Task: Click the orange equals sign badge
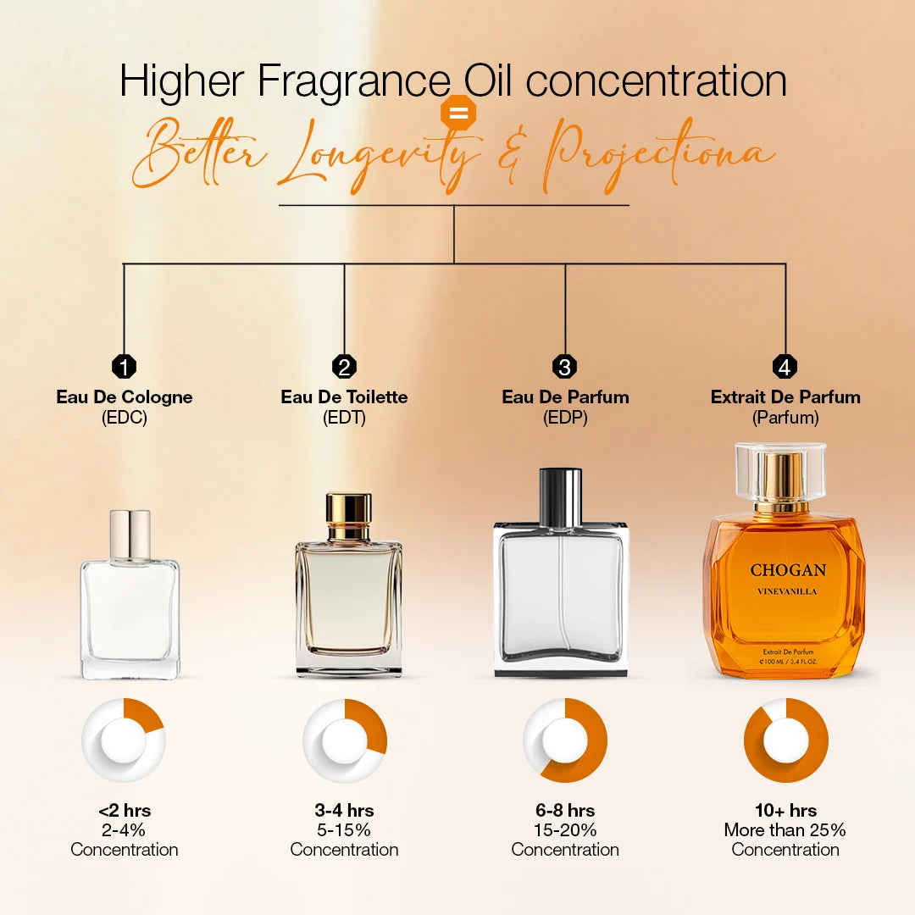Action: coord(458,114)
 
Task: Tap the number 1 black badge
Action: coord(124,367)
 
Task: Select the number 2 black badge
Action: coord(344,367)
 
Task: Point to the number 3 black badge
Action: coord(564,367)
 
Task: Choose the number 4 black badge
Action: coord(785,367)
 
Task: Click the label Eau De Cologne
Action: coord(125,396)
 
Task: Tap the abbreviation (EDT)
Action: coord(344,418)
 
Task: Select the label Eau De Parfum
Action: coord(565,396)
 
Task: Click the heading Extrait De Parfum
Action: coord(785,396)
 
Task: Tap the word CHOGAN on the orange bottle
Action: coord(788,570)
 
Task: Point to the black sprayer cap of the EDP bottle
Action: coord(560,496)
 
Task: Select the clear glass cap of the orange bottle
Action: coord(780,471)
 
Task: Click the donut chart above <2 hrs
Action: coord(124,740)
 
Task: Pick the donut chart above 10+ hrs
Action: coord(785,740)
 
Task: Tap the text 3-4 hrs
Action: coord(344,811)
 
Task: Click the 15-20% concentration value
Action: coord(565,830)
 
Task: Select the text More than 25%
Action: coord(785,830)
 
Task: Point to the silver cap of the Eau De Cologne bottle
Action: coord(130,534)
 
